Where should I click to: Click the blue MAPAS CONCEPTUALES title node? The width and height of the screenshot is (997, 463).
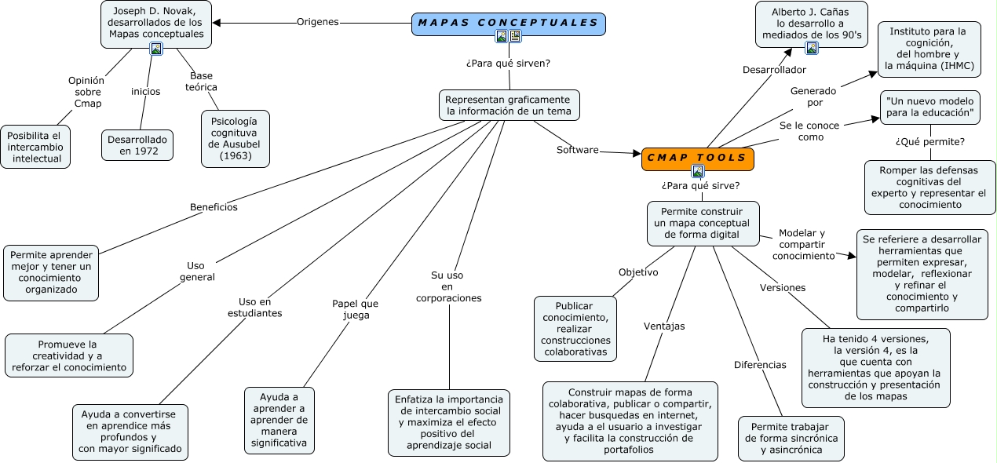pos(508,24)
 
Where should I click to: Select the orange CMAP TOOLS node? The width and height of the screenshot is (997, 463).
pos(697,158)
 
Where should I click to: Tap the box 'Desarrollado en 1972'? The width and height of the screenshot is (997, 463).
pos(137,145)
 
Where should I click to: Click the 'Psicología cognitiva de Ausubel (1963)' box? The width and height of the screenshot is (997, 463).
pos(235,138)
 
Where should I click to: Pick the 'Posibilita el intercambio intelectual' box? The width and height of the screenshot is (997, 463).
pos(35,147)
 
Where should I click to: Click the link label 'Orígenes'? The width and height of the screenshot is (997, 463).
pos(317,22)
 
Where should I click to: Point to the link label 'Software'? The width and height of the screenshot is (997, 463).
pos(577,150)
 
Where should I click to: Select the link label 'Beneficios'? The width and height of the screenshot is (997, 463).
pos(214,207)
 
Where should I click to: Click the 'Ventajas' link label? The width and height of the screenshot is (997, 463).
pos(664,326)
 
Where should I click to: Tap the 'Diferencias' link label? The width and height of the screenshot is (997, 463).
pos(760,365)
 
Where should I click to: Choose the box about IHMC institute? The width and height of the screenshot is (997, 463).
pos(929,49)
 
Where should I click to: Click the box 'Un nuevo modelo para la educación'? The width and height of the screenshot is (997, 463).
pos(930,108)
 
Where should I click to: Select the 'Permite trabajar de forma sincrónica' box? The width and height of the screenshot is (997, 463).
pos(791,438)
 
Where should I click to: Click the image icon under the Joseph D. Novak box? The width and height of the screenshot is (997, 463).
pos(156,49)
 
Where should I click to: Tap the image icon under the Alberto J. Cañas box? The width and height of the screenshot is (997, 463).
pos(812,48)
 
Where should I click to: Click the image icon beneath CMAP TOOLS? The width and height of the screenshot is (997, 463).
pos(697,171)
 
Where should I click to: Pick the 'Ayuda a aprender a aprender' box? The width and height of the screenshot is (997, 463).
pos(279,420)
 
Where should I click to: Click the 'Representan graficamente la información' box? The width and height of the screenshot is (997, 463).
pos(509,105)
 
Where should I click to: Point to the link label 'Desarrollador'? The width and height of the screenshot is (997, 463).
pos(774,70)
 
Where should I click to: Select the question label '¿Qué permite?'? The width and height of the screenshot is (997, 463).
pos(930,141)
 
